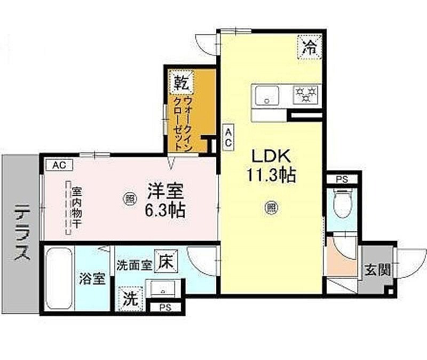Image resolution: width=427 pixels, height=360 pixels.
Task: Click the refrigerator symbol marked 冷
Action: [x=310, y=47]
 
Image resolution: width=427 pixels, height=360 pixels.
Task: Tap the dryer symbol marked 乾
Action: [x=181, y=82]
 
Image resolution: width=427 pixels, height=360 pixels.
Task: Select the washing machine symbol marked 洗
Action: [x=130, y=299]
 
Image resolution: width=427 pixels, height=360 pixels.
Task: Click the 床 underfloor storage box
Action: [x=166, y=261]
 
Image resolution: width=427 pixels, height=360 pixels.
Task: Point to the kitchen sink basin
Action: [x=267, y=96]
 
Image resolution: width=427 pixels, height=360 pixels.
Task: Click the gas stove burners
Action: [x=305, y=95]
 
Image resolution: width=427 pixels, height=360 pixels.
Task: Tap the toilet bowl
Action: [x=343, y=204]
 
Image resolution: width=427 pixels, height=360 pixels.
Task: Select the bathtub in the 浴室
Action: [x=59, y=278]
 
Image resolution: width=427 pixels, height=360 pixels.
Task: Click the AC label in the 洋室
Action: [x=59, y=165]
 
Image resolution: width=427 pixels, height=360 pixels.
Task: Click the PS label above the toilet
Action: [x=342, y=179]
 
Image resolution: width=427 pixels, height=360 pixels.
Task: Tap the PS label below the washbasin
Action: [x=165, y=308]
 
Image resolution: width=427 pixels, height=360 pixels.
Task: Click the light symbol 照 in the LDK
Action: [x=272, y=208]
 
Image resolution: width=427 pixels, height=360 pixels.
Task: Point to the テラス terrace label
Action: [x=22, y=232]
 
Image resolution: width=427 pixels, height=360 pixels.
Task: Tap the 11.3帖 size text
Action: [x=271, y=175]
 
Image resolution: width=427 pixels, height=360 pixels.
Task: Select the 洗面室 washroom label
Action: [x=134, y=265]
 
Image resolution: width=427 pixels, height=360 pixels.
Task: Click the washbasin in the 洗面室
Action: [x=163, y=288]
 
